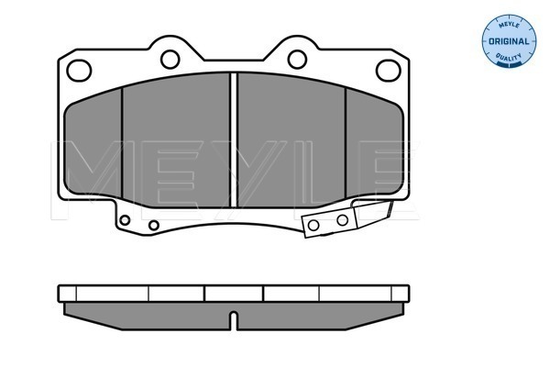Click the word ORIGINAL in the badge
point(509,41)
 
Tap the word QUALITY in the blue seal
point(509,57)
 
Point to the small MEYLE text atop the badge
point(509,26)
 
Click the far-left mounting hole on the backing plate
point(79,71)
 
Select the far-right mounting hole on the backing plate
point(389,71)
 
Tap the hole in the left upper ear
point(170,60)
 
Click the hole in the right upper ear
point(297,60)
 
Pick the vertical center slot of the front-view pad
point(233,139)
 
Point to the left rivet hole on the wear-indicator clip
point(313,225)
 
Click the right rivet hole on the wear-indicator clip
point(342,220)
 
